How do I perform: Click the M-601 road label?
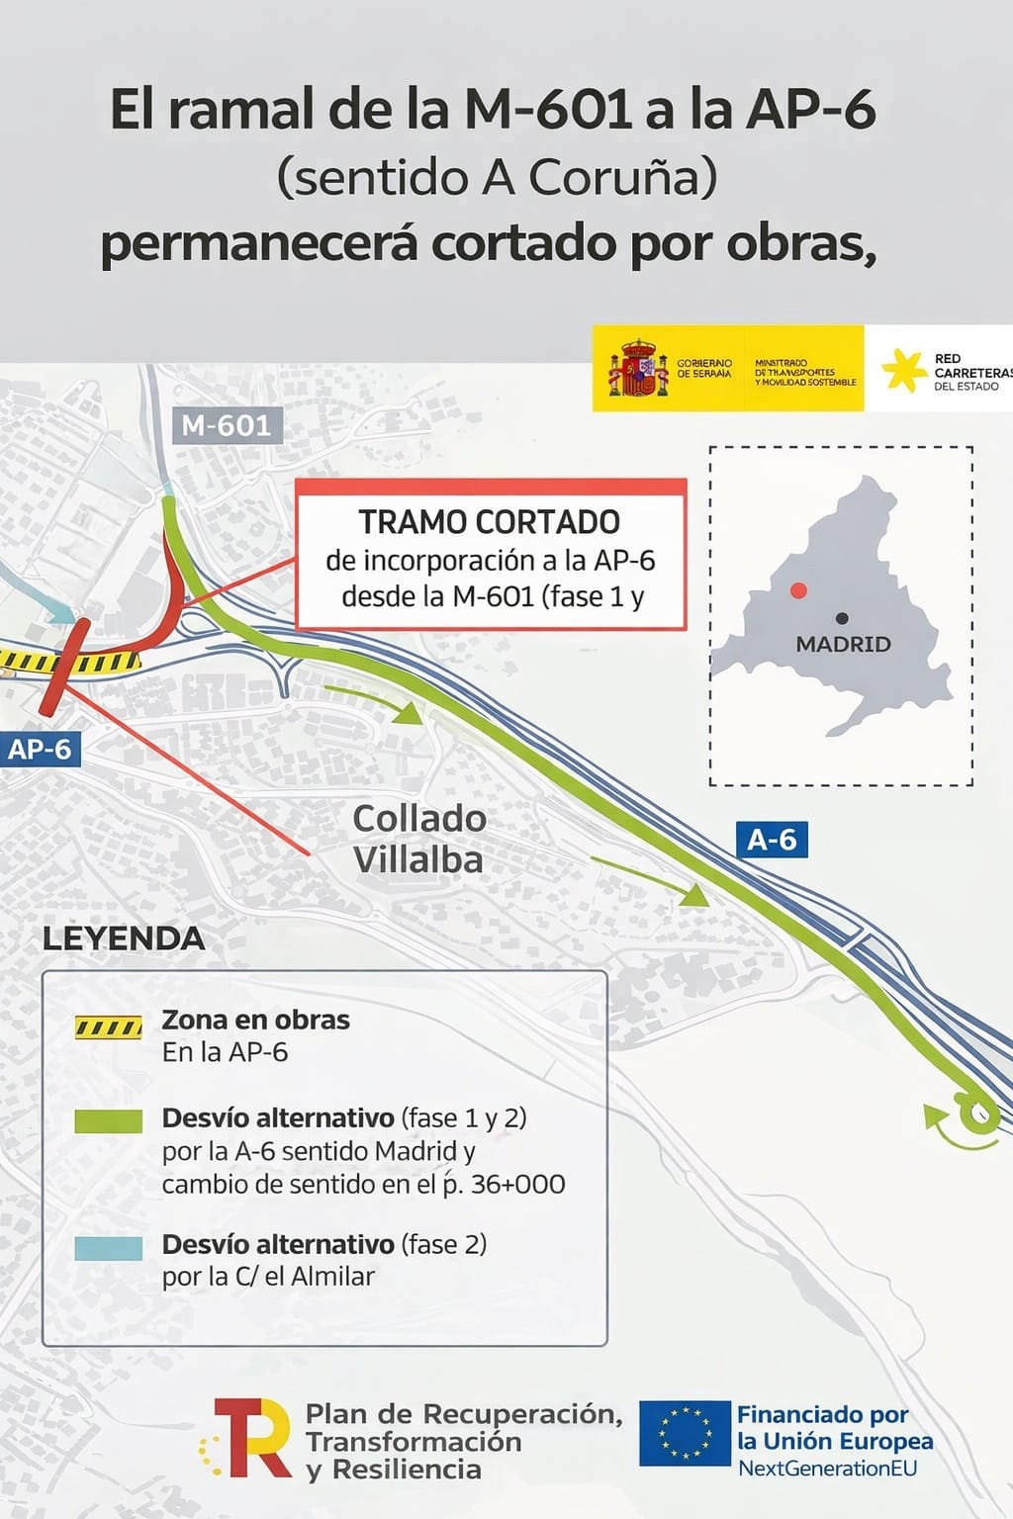pyautogui.click(x=227, y=425)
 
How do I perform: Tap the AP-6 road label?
pyautogui.click(x=40, y=749)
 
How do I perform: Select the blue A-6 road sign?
pyautogui.click(x=772, y=840)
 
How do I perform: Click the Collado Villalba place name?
pyautogui.click(x=418, y=839)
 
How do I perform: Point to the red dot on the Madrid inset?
pyautogui.click(x=798, y=590)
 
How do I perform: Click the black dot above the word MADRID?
pyautogui.click(x=842, y=618)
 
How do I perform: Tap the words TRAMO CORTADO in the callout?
pyautogui.click(x=489, y=521)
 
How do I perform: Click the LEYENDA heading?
pyautogui.click(x=124, y=938)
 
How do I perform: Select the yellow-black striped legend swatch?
pyautogui.click(x=109, y=1028)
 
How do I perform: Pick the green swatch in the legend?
pyautogui.click(x=109, y=1120)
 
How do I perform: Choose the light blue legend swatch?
pyautogui.click(x=109, y=1247)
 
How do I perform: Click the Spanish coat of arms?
pyautogui.click(x=638, y=368)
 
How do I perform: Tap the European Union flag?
pyautogui.click(x=684, y=1433)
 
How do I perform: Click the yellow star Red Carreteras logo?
pyautogui.click(x=903, y=370)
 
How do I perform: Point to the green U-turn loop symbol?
pyautogui.click(x=975, y=1117)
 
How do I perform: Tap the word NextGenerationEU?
pyautogui.click(x=827, y=1469)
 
